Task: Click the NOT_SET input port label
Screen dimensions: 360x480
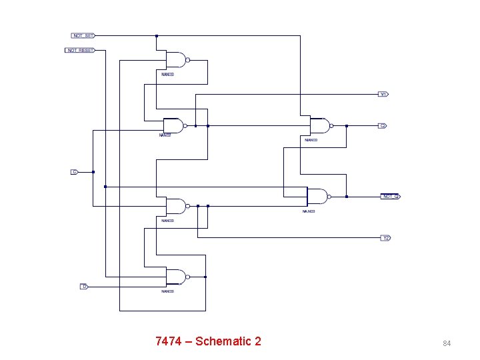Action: (x=83, y=35)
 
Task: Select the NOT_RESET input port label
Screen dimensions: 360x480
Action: (x=81, y=50)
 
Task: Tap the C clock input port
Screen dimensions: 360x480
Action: (x=75, y=172)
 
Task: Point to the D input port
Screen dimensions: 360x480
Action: (x=84, y=287)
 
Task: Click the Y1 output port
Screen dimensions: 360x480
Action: (x=383, y=94)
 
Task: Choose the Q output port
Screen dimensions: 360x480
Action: (x=383, y=125)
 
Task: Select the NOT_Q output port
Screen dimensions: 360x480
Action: (x=390, y=197)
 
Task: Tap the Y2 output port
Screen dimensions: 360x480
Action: (x=385, y=238)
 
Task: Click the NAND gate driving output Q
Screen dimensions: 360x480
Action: (x=319, y=125)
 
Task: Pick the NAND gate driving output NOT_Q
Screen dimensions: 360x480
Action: (x=316, y=197)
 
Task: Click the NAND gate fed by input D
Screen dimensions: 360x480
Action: (x=175, y=277)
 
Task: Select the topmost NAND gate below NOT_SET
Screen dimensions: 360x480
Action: (x=175, y=60)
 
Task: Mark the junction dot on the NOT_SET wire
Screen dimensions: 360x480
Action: (x=157, y=36)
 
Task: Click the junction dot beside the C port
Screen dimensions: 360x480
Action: (x=93, y=172)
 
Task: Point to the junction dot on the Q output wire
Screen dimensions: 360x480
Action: (x=346, y=125)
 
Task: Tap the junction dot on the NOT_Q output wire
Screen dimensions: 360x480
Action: (x=347, y=197)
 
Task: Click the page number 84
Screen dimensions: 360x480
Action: (x=447, y=343)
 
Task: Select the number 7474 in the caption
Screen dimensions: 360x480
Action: (x=168, y=341)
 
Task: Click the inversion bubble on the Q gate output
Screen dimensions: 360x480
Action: (x=331, y=125)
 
